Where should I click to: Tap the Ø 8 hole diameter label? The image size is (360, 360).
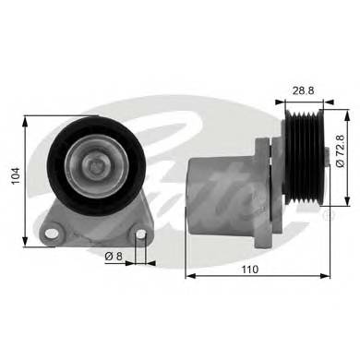click(x=113, y=256)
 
